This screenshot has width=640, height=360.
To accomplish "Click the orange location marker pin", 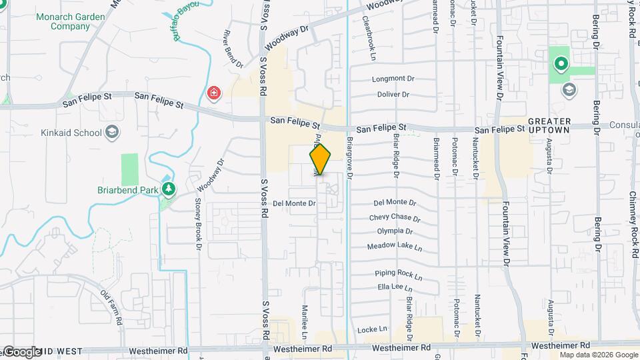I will point(320,159).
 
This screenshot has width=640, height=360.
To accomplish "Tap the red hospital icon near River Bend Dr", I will point(214,93).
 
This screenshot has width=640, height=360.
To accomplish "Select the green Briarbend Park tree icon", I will point(169,189).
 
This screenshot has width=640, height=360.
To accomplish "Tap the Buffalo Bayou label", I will point(187,21).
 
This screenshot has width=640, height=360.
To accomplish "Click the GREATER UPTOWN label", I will point(549,125).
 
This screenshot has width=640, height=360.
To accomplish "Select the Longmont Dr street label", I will point(393,78).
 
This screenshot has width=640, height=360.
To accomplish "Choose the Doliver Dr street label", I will point(392,94).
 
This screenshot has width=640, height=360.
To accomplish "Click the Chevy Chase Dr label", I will point(395,218).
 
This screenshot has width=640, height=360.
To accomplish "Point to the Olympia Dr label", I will point(395,231).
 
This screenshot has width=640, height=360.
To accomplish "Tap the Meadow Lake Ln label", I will point(395,247).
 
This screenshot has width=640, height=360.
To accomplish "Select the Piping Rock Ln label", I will point(399,274).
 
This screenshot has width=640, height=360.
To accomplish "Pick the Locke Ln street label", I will point(372,329).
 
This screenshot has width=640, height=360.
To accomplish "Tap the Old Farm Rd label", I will point(112,307).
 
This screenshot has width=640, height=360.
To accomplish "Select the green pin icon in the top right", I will point(561,64).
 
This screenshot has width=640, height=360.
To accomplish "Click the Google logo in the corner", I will point(21,352).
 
